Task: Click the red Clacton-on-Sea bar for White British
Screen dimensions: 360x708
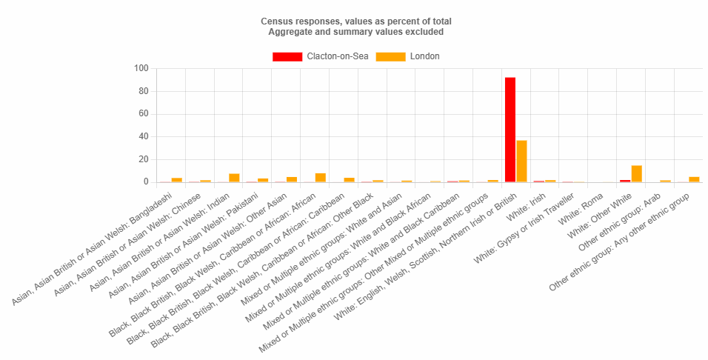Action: (510, 130)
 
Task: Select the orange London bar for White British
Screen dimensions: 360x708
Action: (521, 161)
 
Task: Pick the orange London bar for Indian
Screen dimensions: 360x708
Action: (234, 178)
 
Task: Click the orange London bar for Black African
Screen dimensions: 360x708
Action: (320, 178)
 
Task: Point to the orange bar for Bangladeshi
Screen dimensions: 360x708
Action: (176, 180)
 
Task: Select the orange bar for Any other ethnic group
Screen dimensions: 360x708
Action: (694, 179)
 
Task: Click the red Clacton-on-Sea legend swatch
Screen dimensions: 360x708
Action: (287, 57)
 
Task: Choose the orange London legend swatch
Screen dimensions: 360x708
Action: (390, 57)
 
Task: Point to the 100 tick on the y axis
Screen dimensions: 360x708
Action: (141, 69)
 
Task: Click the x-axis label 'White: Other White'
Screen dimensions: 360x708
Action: (596, 211)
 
